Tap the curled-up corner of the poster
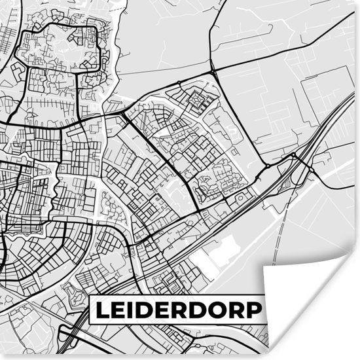pos(308,301)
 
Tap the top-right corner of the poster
pos(358,2)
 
